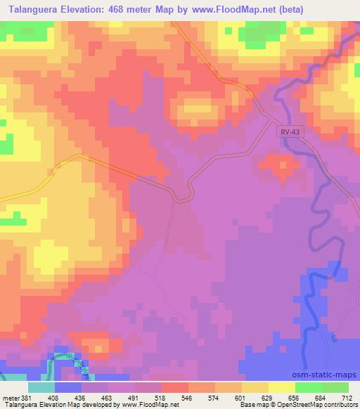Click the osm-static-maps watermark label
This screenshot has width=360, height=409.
pos(328,376)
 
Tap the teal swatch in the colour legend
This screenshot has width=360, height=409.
pos(42,387)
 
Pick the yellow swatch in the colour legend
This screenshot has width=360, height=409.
pos(282,387)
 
